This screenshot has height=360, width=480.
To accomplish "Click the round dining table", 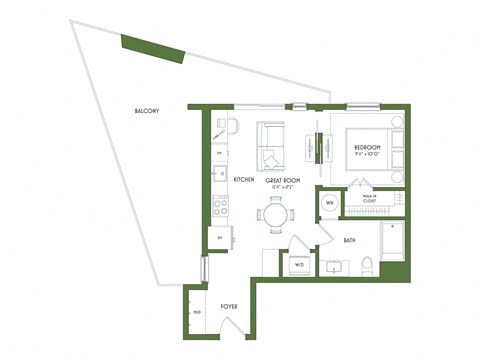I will (276, 214).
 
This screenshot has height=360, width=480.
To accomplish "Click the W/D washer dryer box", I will (298, 265).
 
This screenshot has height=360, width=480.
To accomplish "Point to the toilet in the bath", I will (367, 265).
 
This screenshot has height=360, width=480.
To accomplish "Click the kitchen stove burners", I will (220, 207).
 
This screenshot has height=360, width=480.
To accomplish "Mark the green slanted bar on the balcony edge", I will (152, 48).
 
